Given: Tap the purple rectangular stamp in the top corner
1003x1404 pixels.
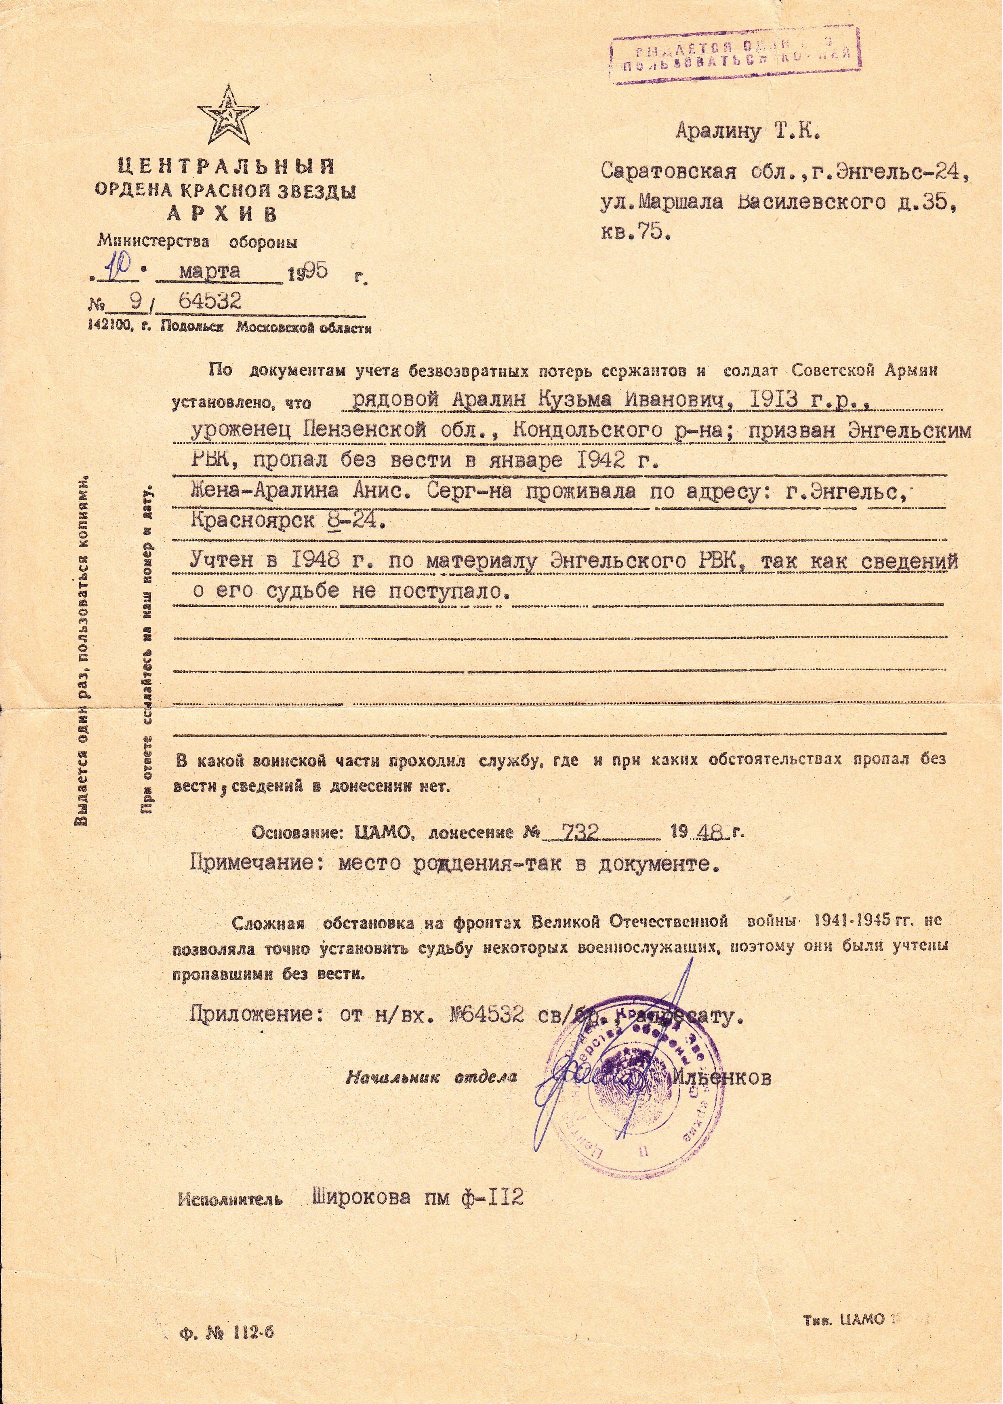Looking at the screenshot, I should pos(736,56).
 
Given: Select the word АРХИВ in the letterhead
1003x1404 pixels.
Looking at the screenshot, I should pos(222,214).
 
